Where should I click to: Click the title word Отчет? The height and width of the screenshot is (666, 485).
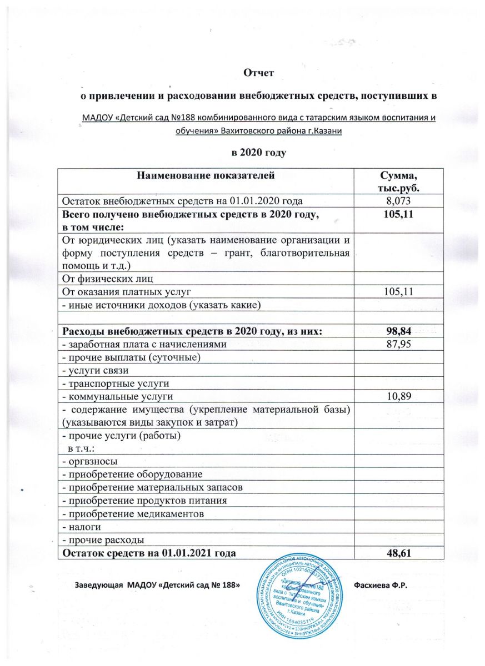pos(261,72)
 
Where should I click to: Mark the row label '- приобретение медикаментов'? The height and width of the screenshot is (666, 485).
pos(133,513)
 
